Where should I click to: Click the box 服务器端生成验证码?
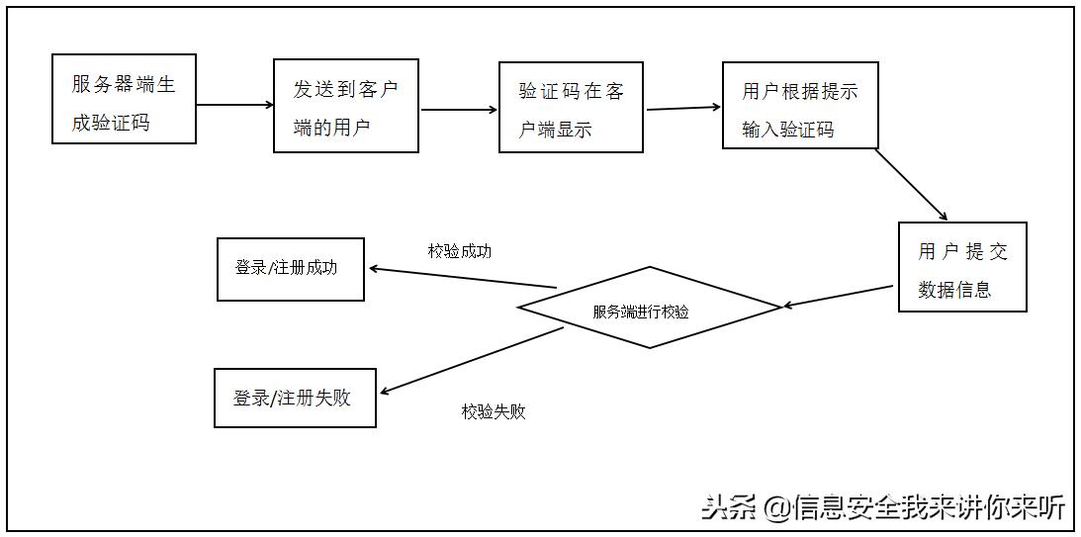pos(124,99)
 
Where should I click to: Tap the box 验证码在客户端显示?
pos(571,107)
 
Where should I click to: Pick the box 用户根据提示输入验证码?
pos(800,106)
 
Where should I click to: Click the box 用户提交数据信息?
pos(962,267)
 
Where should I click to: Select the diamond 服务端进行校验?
pos(648,308)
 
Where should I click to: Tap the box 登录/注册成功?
pos(291,268)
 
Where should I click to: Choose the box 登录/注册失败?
pos(295,398)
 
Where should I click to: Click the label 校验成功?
pos(459,251)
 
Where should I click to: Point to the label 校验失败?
pos(494,411)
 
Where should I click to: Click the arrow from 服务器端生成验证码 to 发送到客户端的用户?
pos(234,104)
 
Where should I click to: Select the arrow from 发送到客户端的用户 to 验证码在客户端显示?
pos(460,110)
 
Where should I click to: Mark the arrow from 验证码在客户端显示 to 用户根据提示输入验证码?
pos(683,108)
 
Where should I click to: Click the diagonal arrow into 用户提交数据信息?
pos(912,185)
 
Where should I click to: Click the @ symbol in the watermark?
pos(778,508)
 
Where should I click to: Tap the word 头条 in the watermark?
pos(730,507)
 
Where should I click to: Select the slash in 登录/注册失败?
pos(274,398)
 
